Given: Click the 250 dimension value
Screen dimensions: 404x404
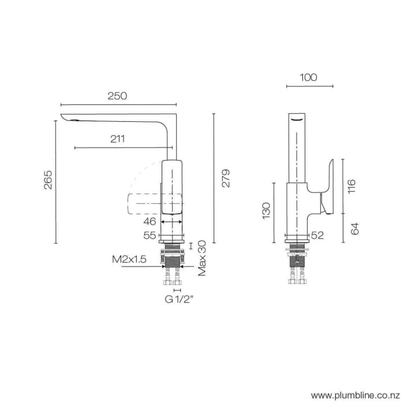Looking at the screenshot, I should pyautogui.click(x=117, y=96).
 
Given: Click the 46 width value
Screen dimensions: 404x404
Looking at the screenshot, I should pyautogui.click(x=149, y=221).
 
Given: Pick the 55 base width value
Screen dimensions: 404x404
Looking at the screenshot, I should pyautogui.click(x=149, y=235).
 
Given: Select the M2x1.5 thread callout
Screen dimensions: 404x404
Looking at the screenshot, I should pyautogui.click(x=129, y=260).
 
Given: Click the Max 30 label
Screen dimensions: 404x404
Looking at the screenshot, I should pyautogui.click(x=201, y=257).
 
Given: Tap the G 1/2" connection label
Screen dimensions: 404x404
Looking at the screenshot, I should pyautogui.click(x=178, y=299).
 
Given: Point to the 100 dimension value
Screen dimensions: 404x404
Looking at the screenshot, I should pyautogui.click(x=309, y=78).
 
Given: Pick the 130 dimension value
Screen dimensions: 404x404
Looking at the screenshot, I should pyautogui.click(x=266, y=210).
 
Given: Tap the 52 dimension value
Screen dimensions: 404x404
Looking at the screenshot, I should pyautogui.click(x=317, y=235).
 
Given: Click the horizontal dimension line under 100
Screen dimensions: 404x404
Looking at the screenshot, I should pyautogui.click(x=309, y=87).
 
